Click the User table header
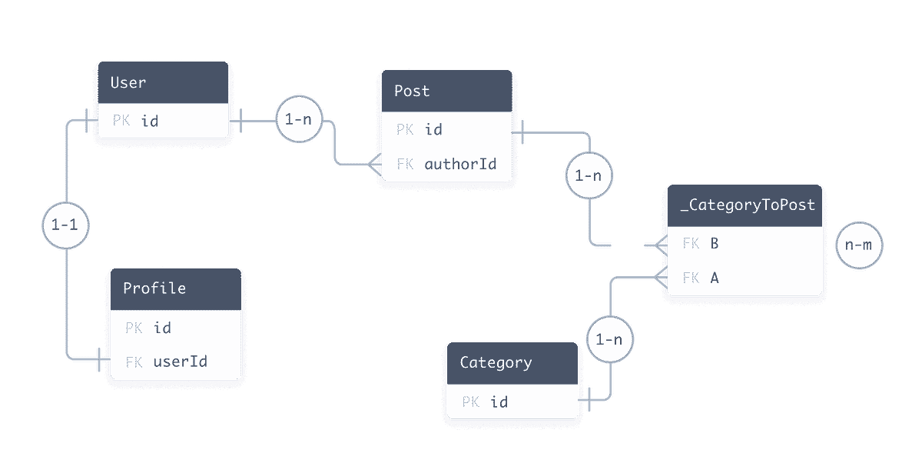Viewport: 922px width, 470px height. (163, 82)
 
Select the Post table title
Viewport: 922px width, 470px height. (447, 91)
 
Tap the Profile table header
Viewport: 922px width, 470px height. (175, 288)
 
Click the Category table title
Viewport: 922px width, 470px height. (512, 362)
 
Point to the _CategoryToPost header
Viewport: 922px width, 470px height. (744, 205)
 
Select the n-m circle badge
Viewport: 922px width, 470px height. (859, 245)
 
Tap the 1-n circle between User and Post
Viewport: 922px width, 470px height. (298, 120)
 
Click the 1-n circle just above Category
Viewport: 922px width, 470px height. (609, 338)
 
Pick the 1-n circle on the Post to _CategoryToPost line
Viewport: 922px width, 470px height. (588, 176)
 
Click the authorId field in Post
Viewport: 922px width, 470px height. (460, 164)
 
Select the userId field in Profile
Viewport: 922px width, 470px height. (180, 361)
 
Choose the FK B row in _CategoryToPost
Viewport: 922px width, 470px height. (744, 244)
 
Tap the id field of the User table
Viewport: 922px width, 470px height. (150, 120)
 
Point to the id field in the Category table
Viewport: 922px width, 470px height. (499, 402)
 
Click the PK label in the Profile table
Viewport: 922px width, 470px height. (134, 328)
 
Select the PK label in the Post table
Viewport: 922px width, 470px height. (405, 129)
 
